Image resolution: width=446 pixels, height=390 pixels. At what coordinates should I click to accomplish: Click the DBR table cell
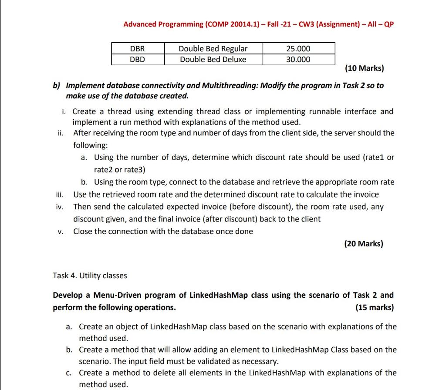(137, 48)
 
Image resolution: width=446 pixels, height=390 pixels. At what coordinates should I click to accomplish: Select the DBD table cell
(137, 59)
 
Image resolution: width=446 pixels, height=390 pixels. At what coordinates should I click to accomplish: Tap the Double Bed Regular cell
(213, 48)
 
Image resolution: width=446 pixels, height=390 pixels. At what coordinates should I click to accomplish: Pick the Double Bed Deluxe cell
(213, 59)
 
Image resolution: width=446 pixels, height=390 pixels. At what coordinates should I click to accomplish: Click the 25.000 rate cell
(298, 48)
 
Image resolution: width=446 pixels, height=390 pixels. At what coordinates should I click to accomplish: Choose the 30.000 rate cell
(298, 59)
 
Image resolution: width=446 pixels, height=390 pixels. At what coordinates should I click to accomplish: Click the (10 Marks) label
(364, 68)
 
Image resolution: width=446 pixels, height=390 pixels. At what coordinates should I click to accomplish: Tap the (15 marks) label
(375, 307)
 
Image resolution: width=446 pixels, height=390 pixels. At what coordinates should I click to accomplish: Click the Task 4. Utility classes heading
(90, 276)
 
